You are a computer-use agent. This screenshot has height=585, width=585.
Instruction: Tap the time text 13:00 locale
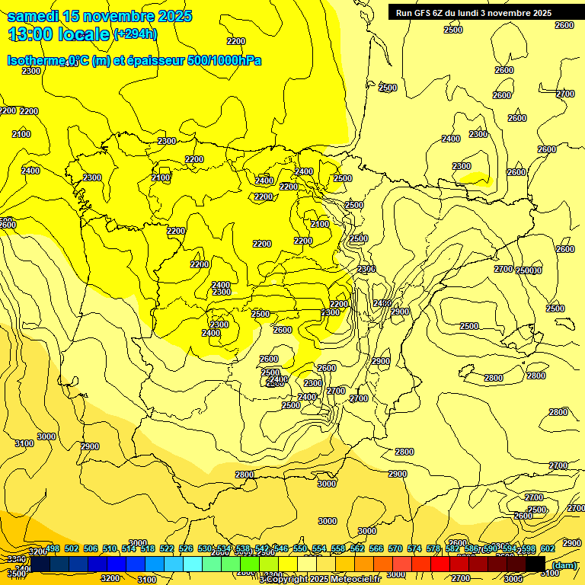59,34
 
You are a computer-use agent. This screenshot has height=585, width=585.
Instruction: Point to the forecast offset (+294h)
135,34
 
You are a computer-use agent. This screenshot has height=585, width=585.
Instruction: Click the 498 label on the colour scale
53,548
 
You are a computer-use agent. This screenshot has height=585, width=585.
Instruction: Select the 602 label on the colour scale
548,548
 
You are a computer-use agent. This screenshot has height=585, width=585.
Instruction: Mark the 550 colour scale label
300,548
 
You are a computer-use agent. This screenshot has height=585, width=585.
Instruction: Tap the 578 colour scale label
433,548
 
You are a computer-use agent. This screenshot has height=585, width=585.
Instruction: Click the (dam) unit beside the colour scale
564,564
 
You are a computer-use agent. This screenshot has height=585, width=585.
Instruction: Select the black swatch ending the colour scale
535,564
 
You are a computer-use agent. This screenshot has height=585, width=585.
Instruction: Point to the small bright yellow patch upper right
475,178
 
